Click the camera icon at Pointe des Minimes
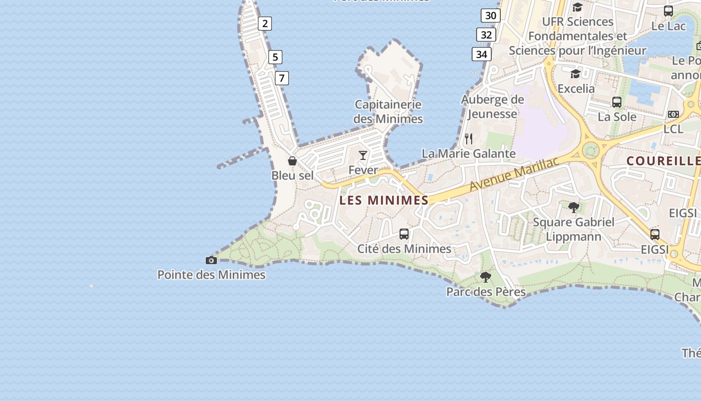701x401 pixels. (x=211, y=260)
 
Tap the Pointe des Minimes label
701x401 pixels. (x=211, y=275)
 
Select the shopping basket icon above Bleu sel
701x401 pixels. (x=292, y=161)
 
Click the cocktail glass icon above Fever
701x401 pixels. (x=363, y=155)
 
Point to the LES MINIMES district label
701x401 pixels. (x=384, y=200)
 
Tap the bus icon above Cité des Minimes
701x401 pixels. (x=404, y=234)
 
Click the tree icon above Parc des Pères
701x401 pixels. (x=485, y=277)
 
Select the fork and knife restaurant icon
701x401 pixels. (x=469, y=138)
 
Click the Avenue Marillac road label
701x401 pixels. (x=514, y=174)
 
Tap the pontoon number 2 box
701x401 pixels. (x=265, y=23)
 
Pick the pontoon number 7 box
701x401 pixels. (x=282, y=78)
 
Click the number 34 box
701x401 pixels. (x=481, y=54)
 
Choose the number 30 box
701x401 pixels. (x=491, y=16)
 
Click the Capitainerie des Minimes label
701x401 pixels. (x=388, y=112)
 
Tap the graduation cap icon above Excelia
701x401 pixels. (x=576, y=74)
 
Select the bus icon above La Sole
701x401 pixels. (x=617, y=102)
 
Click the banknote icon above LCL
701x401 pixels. (x=673, y=114)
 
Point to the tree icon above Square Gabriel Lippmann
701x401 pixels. (x=574, y=207)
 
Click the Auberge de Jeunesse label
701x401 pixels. (x=492, y=107)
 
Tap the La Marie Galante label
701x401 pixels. (x=469, y=153)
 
